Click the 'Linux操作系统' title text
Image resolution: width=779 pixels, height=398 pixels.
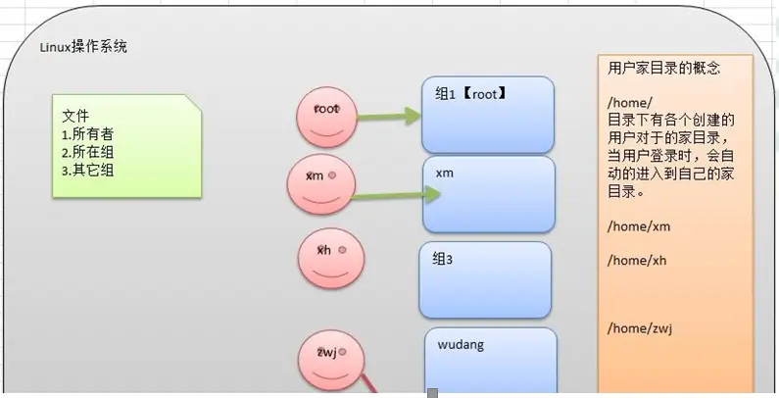(x=83, y=47)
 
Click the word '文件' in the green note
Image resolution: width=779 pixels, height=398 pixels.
(x=75, y=115)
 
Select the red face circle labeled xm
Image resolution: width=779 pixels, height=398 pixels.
(x=319, y=184)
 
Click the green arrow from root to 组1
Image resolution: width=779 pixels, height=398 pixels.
(x=388, y=118)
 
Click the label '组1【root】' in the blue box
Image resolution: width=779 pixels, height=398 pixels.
(x=469, y=94)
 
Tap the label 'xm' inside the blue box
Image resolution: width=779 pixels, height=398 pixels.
(x=445, y=174)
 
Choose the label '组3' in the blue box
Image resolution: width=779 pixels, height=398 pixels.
(x=442, y=259)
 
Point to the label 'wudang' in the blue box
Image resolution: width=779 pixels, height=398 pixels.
(x=461, y=345)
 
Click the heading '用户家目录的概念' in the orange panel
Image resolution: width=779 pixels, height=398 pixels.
(x=664, y=69)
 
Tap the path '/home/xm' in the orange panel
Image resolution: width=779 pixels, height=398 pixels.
(x=638, y=226)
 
